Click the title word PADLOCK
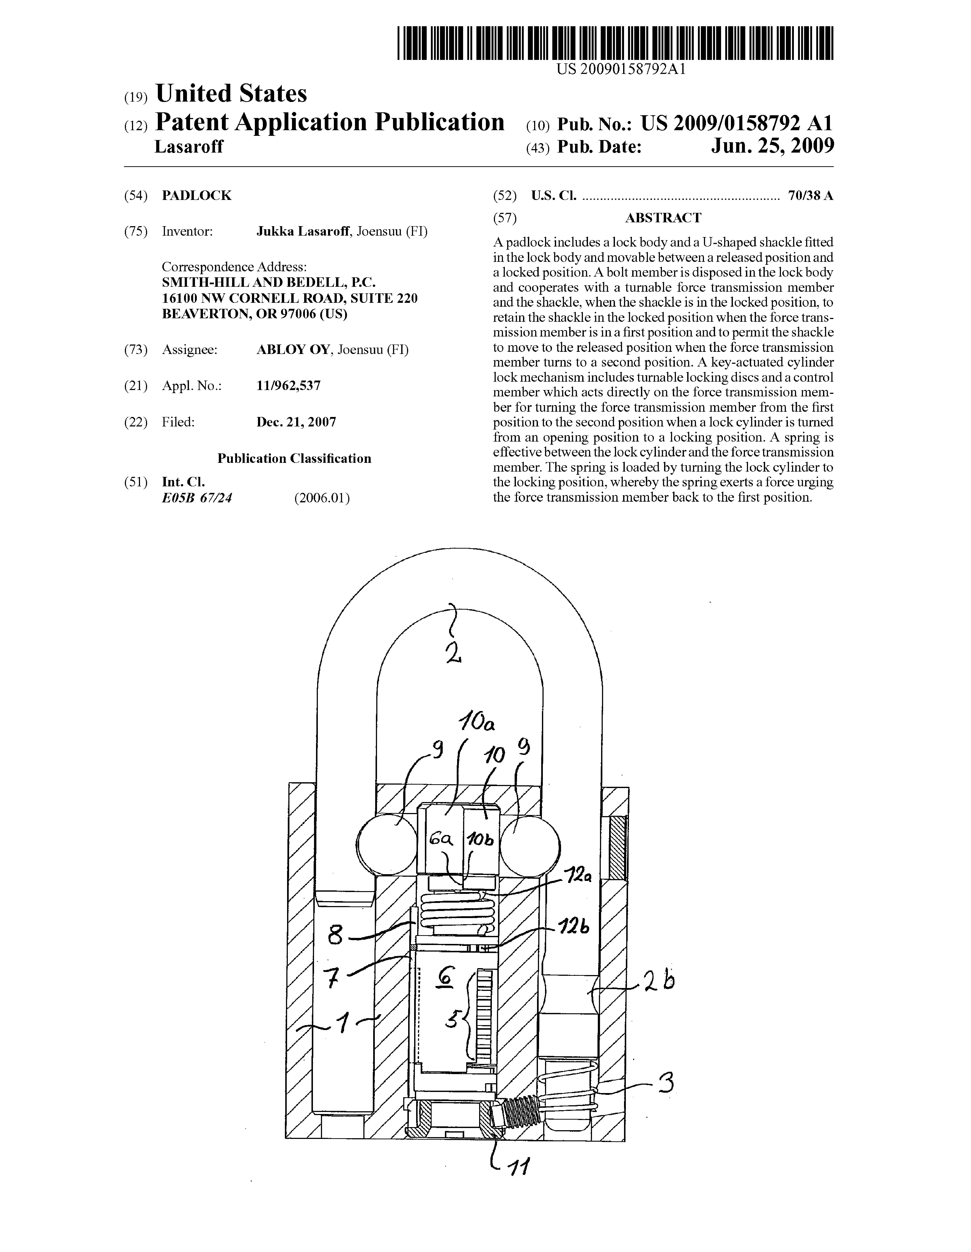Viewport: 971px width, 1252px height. pos(197,196)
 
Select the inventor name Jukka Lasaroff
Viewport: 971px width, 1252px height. pos(303,232)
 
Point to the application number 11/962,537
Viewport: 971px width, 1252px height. pos(288,386)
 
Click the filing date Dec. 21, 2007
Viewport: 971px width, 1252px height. pos(296,422)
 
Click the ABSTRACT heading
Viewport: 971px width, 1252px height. pos(663,218)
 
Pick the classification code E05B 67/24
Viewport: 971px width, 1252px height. pos(197,498)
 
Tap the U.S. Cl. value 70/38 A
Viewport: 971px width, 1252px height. pos(810,196)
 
